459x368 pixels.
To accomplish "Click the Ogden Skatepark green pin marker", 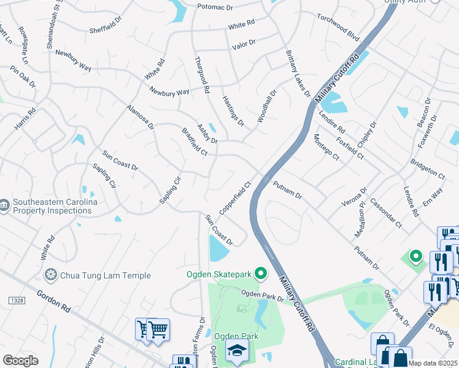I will tap(261, 274).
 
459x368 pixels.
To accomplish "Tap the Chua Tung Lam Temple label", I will tap(105, 275).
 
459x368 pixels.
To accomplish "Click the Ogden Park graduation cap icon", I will tap(236, 351).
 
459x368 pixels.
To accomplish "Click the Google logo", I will tap(20, 361).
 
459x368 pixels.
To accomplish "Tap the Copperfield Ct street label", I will tap(236, 196).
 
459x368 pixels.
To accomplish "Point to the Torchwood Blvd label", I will tap(337, 28).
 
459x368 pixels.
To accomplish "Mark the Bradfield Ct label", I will tap(195, 142).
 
